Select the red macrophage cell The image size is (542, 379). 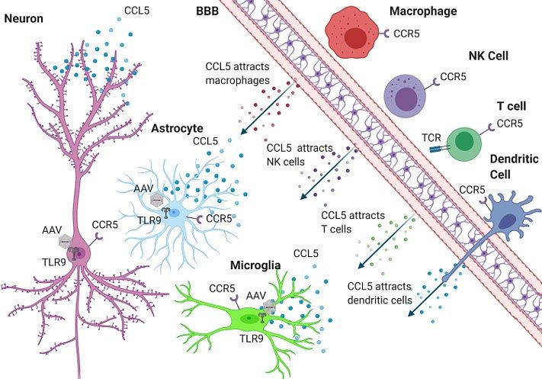353,34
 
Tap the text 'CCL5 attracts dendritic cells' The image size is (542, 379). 381,293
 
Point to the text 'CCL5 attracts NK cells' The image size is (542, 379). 297,153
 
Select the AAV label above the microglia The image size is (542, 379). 256,295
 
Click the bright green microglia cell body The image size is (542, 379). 245,318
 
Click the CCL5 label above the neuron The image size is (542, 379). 136,11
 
